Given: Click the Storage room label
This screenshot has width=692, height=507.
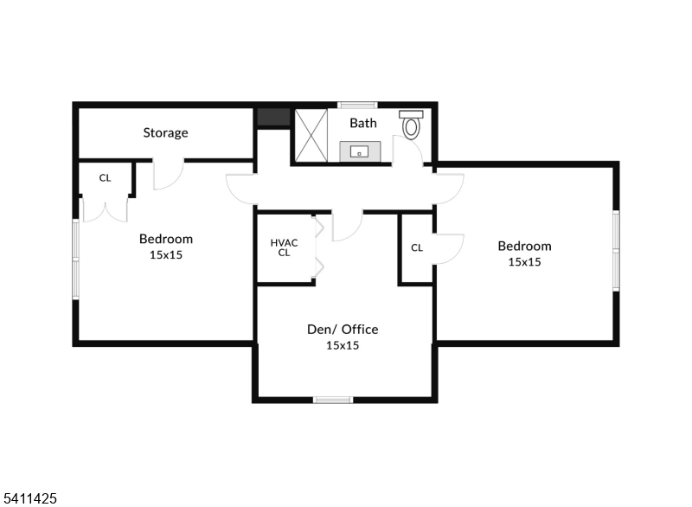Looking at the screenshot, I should click(x=165, y=133).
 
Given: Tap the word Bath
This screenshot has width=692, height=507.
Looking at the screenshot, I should click(x=363, y=123).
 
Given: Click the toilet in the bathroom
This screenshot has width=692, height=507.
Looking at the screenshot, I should click(x=411, y=126).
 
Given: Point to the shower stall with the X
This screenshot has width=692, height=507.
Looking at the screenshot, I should click(x=311, y=135).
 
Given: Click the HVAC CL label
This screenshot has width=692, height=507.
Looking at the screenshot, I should click(x=284, y=247).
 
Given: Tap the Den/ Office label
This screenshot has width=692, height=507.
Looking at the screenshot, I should click(x=343, y=329).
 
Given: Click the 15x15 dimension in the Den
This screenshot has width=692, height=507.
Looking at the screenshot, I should click(x=343, y=345).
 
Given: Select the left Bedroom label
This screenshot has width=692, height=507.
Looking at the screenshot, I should click(x=166, y=239).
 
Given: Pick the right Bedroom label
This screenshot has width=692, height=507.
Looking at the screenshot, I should click(x=524, y=246).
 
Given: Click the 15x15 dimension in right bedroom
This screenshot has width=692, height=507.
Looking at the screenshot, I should click(x=524, y=261).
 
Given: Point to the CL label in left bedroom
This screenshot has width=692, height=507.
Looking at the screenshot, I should click(x=105, y=178).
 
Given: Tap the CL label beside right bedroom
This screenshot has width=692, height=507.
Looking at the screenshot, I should click(x=417, y=247).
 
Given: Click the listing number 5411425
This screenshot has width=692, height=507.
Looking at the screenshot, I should click(x=30, y=498).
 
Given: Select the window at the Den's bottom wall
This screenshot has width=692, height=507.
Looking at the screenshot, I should click(x=333, y=399).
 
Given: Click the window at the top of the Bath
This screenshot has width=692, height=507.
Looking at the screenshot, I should click(x=357, y=105).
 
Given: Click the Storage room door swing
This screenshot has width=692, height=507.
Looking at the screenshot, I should click(x=167, y=174).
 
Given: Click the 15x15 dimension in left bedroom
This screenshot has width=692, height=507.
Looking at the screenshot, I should click(x=166, y=254).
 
